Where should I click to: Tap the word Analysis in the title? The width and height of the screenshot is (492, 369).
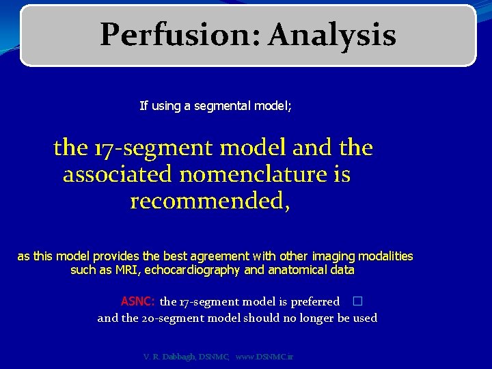point(332,35)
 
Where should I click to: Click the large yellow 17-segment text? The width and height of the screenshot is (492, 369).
point(143,147)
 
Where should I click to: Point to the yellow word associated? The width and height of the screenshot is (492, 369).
point(118,174)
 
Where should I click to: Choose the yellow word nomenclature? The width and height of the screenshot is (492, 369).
point(256,174)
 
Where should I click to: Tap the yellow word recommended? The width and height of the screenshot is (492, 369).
point(209,202)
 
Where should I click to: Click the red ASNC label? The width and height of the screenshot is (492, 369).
point(138,301)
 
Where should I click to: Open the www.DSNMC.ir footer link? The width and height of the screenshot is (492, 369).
point(264,357)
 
